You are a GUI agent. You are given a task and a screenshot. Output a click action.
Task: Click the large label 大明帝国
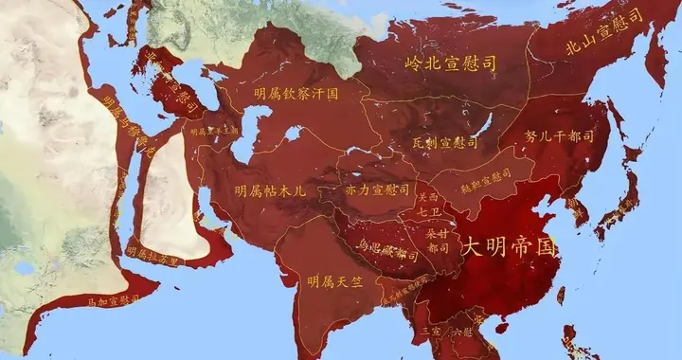click(x=508, y=246)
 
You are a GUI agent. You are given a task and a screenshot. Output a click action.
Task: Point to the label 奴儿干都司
click(x=559, y=135)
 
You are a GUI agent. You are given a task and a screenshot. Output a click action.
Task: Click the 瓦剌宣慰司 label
click(x=445, y=142)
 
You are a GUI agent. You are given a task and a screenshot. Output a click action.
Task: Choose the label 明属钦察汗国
click(x=296, y=94)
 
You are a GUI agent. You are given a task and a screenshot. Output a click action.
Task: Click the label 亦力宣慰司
click(x=377, y=189)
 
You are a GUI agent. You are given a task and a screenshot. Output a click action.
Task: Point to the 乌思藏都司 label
click(x=387, y=254)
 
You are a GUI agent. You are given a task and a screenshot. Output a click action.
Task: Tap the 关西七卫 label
click(x=428, y=207)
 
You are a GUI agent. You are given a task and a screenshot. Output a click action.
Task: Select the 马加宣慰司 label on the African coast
click(x=113, y=300)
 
